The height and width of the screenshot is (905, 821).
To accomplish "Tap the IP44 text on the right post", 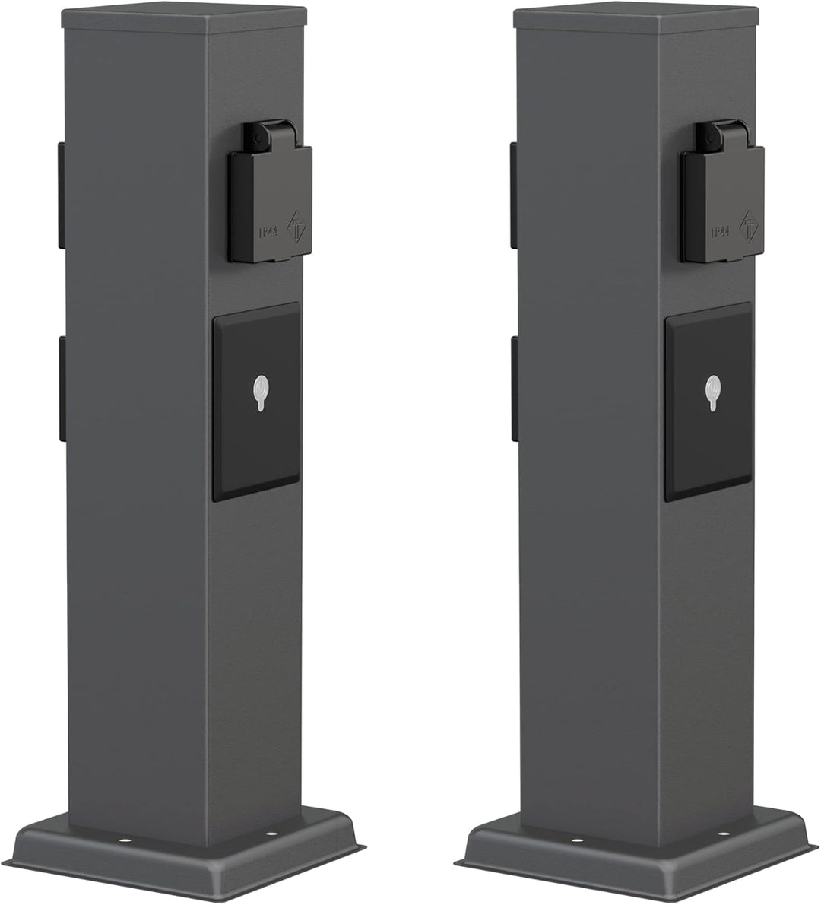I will point(719,232).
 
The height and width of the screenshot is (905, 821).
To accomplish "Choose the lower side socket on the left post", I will point(60,387).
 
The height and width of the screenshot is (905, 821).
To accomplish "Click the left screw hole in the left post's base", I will point(123,841).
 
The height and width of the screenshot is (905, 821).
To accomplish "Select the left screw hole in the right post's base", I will point(575,841).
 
